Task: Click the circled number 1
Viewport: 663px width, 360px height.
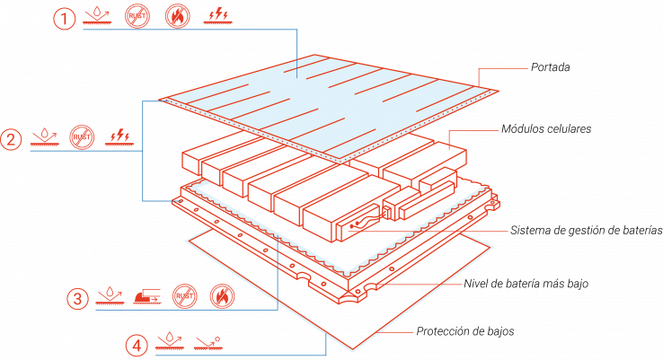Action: [65, 19]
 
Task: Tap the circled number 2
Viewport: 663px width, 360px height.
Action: [11, 139]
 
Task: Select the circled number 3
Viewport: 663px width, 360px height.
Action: [78, 299]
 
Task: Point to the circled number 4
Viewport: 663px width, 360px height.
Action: [137, 346]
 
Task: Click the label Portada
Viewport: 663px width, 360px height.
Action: [550, 67]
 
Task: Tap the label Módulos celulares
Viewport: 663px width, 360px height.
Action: [546, 129]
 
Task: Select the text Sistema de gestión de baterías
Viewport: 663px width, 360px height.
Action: [586, 231]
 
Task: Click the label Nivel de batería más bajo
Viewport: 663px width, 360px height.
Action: [526, 284]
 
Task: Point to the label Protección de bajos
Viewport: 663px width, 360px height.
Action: [465, 331]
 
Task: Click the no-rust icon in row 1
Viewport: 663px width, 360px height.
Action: [137, 16]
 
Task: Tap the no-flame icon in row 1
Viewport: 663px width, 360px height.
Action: [178, 16]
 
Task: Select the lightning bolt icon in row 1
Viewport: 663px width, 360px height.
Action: [217, 15]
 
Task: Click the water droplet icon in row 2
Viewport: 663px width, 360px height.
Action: [44, 136]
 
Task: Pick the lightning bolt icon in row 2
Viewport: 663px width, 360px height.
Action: [119, 136]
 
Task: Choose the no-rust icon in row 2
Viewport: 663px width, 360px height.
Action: [82, 136]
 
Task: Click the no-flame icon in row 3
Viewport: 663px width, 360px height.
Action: [222, 296]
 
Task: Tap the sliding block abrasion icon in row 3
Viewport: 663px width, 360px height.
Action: [147, 296]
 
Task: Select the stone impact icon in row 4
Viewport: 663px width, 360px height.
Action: [208, 343]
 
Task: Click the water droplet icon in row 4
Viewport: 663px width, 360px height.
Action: [170, 340]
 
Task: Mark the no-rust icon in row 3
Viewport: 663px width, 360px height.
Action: [185, 296]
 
